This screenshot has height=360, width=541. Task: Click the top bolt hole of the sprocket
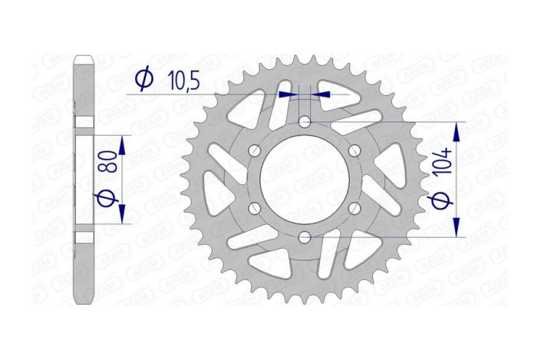[x=305, y=122]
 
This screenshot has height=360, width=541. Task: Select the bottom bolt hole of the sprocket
[x=305, y=236]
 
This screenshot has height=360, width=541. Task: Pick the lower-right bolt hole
[x=354, y=208]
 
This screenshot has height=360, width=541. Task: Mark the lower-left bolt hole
[x=256, y=208]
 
